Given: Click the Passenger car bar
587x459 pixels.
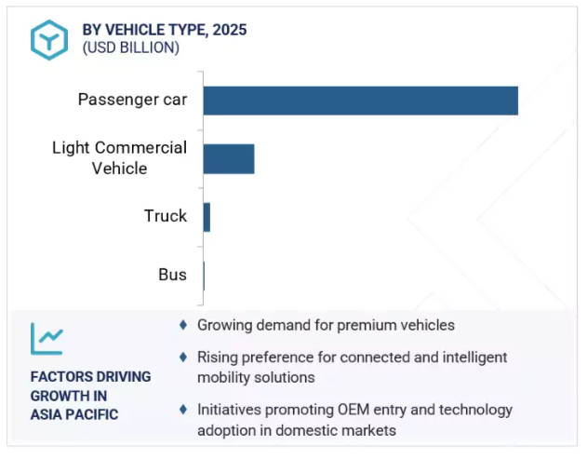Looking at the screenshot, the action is (x=361, y=101).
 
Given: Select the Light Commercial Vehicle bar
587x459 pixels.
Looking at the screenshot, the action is (x=229, y=159).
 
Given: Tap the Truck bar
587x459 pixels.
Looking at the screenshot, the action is (x=207, y=217).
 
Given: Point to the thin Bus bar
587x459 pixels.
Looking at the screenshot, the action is (x=204, y=276).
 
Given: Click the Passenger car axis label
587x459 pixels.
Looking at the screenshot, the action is (x=132, y=100).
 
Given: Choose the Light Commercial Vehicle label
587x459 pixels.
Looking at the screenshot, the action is (x=119, y=157).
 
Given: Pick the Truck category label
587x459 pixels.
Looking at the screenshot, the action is (x=166, y=216).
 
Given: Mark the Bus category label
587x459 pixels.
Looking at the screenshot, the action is (x=172, y=275).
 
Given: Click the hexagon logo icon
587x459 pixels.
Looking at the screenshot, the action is (x=49, y=40).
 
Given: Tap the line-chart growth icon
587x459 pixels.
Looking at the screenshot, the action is (x=47, y=339).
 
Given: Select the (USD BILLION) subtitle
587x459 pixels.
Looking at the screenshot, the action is (x=131, y=47).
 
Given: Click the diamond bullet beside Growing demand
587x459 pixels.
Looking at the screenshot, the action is (x=183, y=325).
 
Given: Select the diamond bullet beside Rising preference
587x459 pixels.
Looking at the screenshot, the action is (x=183, y=358).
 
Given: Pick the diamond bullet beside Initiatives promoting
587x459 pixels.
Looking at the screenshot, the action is (x=183, y=409).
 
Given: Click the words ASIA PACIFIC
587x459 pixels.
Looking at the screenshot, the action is (x=74, y=415).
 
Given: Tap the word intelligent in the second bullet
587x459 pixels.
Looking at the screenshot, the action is (x=474, y=358).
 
